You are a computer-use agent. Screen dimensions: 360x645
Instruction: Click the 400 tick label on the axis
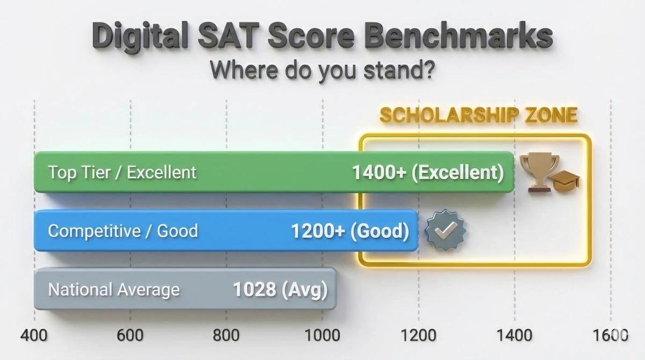34,335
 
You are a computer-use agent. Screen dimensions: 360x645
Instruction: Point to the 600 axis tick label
130,335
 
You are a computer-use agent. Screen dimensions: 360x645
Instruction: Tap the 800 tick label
226,335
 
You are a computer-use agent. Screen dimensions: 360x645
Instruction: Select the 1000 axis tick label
322,335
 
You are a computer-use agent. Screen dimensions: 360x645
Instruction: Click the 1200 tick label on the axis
418,335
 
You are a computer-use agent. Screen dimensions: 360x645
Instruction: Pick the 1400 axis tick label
514,335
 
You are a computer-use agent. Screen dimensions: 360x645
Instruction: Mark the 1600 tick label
610,335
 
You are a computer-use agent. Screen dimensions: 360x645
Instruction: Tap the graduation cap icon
567,182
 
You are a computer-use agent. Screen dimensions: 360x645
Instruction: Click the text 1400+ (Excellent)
428,172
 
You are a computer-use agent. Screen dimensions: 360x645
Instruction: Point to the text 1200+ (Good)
350,231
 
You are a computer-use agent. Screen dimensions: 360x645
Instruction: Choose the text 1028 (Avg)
280,290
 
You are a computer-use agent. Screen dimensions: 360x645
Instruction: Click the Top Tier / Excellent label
122,172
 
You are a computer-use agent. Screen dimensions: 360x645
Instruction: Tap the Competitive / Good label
123,231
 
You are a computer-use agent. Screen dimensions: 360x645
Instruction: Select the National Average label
114,290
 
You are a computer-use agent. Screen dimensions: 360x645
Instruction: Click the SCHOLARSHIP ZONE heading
478,115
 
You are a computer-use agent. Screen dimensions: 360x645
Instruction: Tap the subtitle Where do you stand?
321,70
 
